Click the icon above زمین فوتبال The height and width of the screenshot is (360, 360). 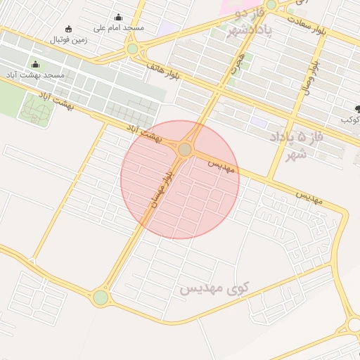click(x=68, y=29)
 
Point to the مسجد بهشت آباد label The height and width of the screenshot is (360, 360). click(x=35, y=75)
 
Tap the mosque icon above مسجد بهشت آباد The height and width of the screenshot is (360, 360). click(x=35, y=65)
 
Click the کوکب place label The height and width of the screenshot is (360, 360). click(x=350, y=120)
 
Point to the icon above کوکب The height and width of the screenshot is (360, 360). click(x=357, y=108)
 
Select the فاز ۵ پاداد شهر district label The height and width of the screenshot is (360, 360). click(x=299, y=145)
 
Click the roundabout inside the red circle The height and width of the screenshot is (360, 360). click(x=185, y=150)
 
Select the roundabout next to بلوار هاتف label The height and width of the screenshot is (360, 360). click(x=132, y=49)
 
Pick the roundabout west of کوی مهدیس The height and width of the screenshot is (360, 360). click(x=101, y=297)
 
